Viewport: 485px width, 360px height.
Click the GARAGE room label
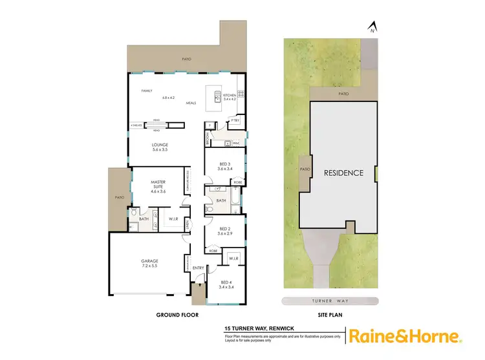[x=149, y=261]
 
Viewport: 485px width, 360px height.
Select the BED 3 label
[x=225, y=168]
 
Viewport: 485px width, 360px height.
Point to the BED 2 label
[x=225, y=229]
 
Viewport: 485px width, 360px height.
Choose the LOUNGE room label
[x=159, y=145]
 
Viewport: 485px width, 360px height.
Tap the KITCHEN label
[x=231, y=95]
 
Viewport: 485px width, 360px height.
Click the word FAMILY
[x=147, y=90]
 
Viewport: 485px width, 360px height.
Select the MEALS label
[x=191, y=103]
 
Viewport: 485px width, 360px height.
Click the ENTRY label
[x=197, y=267]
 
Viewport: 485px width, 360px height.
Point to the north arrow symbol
[x=372, y=27]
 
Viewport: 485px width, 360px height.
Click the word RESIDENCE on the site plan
[x=343, y=173]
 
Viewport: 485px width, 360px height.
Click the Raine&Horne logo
[x=405, y=336]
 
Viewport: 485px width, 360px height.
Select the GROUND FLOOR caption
[x=177, y=315]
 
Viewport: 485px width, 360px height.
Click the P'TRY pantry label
[x=236, y=122]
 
